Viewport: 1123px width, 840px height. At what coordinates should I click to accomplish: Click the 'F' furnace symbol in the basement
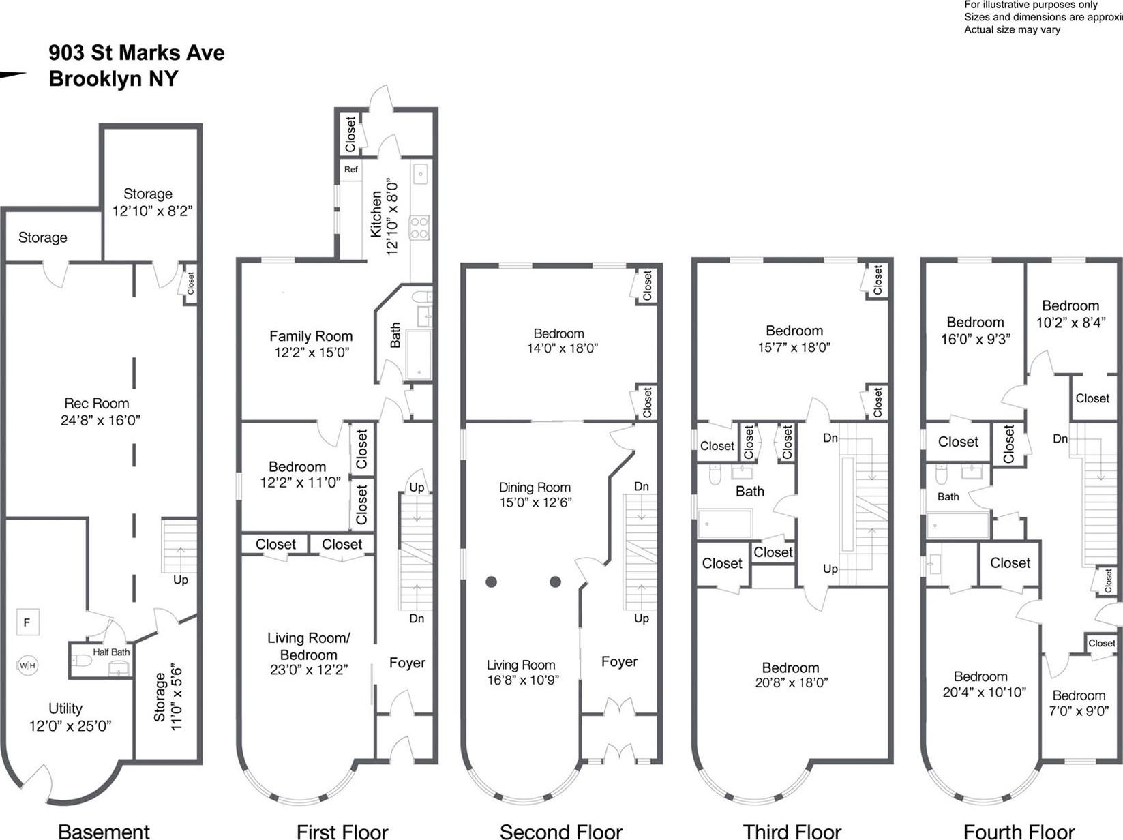coord(27,622)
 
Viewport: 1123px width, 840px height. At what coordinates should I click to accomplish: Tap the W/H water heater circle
coord(27,665)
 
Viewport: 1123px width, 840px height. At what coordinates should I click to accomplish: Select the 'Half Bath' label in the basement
coord(111,652)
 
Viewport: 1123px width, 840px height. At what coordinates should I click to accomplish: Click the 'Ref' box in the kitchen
coord(350,170)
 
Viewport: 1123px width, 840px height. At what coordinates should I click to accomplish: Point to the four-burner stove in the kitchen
coord(419,228)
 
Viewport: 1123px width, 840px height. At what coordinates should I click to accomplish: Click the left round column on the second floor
coord(491,582)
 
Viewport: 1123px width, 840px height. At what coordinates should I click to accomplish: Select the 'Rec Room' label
coord(96,403)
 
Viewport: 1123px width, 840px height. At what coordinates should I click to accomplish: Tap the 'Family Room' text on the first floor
coord(311,336)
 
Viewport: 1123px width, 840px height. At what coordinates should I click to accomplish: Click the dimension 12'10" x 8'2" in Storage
coord(153,211)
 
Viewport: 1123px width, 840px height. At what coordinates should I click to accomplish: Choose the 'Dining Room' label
coord(535,487)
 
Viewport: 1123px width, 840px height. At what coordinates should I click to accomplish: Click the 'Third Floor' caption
coord(792,831)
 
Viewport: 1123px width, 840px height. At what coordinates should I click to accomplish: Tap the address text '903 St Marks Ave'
coord(136,52)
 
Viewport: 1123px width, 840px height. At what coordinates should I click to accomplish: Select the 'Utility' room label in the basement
coord(65,708)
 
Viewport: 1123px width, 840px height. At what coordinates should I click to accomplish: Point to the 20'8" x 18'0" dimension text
coord(791,682)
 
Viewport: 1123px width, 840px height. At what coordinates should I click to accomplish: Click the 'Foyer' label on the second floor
coord(619,661)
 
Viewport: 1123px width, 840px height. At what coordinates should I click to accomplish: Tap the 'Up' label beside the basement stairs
coord(180,580)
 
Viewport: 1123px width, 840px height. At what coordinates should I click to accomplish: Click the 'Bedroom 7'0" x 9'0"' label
coord(1079,702)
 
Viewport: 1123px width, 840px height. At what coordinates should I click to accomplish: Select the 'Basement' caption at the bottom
coord(104,831)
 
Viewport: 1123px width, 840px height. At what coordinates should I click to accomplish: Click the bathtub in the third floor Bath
coord(725,524)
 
